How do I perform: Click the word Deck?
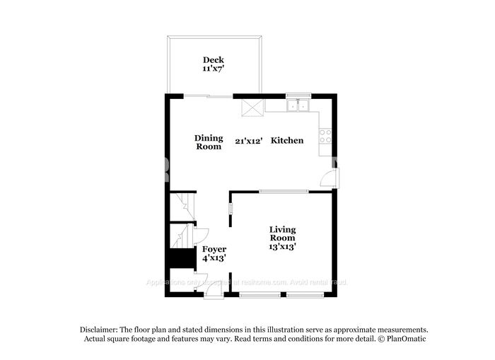click(x=214, y=60)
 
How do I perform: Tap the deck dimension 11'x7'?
click(x=214, y=70)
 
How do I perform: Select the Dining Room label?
click(x=209, y=142)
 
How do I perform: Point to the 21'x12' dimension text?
click(x=249, y=141)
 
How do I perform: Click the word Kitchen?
click(x=289, y=141)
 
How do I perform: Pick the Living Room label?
click(x=282, y=233)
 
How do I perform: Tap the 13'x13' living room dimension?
click(x=282, y=247)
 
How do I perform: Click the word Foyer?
click(x=214, y=249)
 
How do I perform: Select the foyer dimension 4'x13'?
click(x=214, y=260)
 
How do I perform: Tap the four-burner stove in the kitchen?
click(x=326, y=135)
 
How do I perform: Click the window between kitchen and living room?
click(x=282, y=190)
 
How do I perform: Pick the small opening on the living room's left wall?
click(x=230, y=210)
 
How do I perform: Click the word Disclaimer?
click(x=97, y=330)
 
